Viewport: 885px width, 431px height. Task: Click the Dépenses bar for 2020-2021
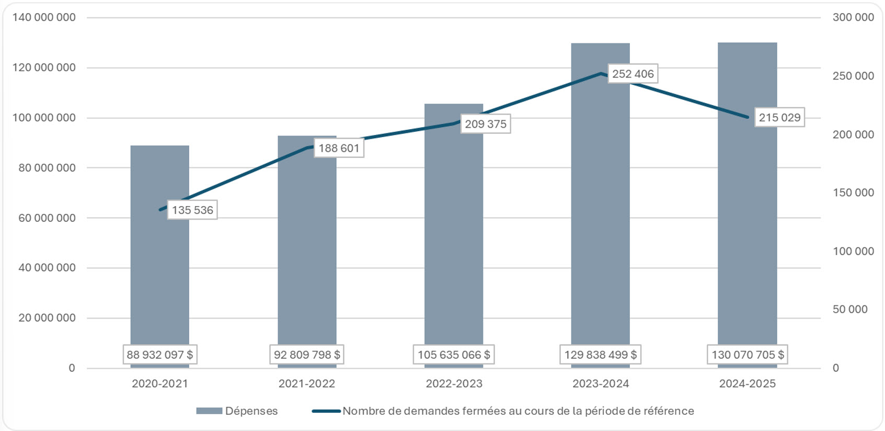(159, 272)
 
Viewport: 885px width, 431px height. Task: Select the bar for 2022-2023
(454, 235)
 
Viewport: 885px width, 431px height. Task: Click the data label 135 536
(192, 210)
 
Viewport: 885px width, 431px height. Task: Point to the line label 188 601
(339, 148)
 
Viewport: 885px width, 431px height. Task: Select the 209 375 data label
(486, 124)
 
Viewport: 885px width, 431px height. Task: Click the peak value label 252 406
(633, 74)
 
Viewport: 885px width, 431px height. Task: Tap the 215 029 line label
(779, 118)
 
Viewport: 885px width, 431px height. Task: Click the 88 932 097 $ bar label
(159, 355)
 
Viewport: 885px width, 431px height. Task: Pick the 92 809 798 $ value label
(307, 355)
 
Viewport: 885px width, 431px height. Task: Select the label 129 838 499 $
(600, 355)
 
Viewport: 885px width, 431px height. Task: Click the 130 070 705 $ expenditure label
(748, 355)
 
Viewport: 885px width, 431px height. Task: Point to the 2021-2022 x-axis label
(307, 384)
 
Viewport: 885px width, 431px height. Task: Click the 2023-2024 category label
(601, 384)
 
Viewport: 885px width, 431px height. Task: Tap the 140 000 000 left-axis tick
(44, 18)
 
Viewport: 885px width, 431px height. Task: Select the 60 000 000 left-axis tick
(47, 218)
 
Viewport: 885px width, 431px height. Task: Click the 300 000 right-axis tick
(853, 18)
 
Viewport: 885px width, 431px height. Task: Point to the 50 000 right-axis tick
(849, 310)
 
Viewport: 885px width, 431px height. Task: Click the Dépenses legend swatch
(209, 411)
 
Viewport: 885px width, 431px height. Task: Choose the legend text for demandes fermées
(518, 411)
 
